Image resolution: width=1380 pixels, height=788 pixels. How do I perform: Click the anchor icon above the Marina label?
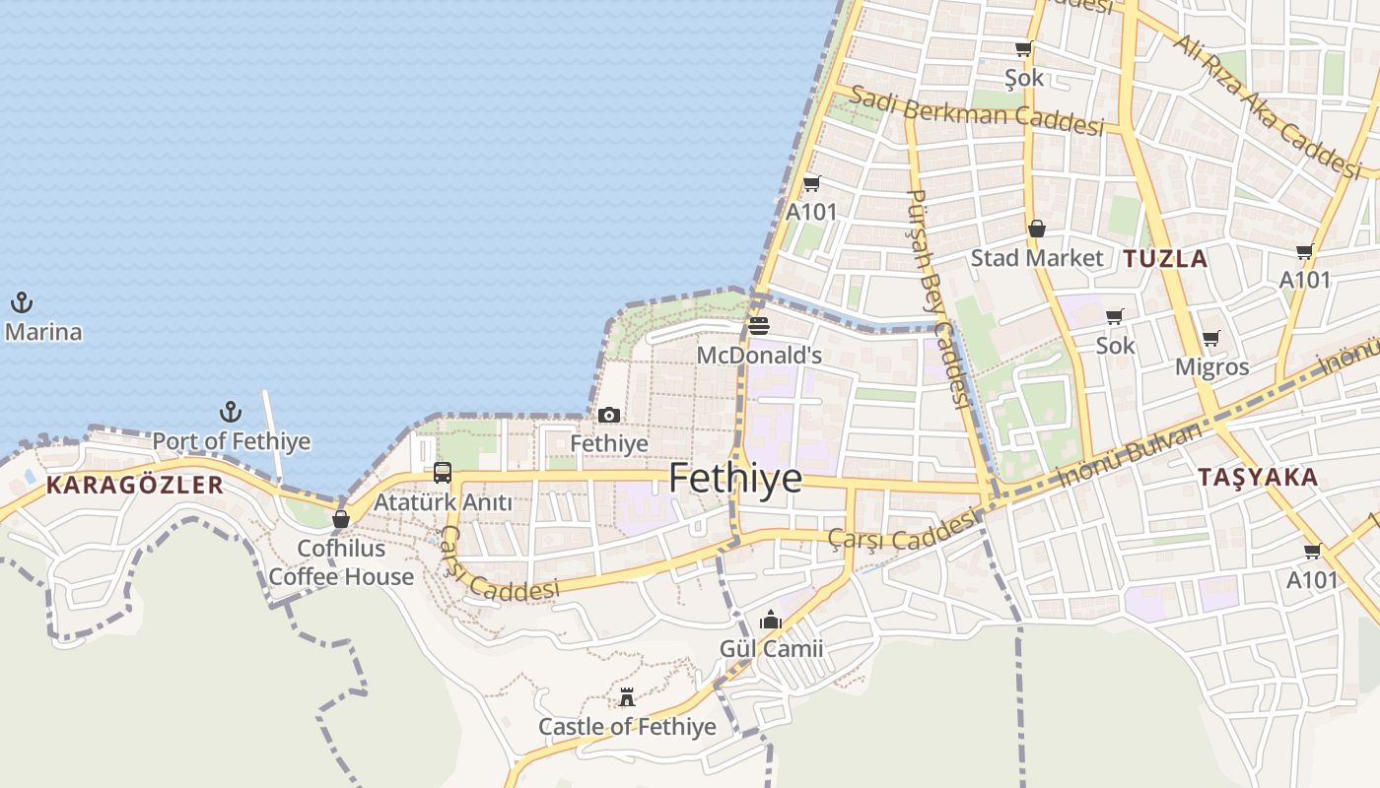(22, 302)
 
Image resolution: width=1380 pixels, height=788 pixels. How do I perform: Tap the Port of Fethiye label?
(232, 441)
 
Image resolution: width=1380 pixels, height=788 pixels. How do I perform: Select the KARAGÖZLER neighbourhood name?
(135, 485)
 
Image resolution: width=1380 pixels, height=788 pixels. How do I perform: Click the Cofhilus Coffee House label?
(341, 562)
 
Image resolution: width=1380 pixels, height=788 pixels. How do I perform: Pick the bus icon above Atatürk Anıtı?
(443, 473)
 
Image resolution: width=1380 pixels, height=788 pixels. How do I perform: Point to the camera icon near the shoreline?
(609, 416)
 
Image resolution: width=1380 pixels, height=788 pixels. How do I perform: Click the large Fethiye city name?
(735, 479)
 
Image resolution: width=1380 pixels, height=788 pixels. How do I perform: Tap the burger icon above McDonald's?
(759, 326)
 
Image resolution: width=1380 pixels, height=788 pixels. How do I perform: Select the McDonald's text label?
(759, 355)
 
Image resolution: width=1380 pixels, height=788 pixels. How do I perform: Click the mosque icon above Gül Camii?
(771, 620)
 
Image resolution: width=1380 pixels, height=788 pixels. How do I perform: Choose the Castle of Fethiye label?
(627, 727)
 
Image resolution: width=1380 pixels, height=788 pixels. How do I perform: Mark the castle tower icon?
(627, 697)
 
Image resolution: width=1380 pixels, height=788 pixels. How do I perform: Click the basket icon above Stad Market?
(1037, 230)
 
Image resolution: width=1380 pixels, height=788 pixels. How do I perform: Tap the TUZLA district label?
(1165, 259)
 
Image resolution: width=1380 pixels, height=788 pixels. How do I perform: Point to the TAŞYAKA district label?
(1257, 478)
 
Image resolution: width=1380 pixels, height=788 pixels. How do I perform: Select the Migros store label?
(1211, 367)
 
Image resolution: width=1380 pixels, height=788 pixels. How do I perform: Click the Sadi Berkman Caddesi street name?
(976, 110)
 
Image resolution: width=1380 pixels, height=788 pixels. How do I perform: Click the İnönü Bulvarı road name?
(1134, 453)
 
